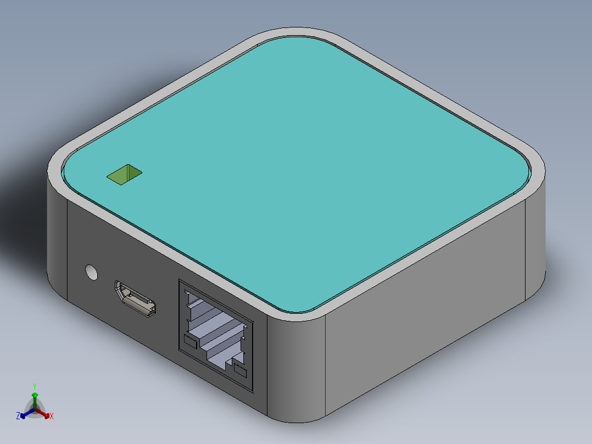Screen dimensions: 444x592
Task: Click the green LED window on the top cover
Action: [124, 175]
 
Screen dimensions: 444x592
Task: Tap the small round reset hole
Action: [91, 271]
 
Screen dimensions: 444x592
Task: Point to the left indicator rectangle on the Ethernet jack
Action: [190, 342]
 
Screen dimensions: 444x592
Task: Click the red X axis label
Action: [52, 417]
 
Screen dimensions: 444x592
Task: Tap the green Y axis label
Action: [35, 386]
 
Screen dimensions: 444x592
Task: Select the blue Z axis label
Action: [18, 417]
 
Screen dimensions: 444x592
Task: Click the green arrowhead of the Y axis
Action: [35, 395]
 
